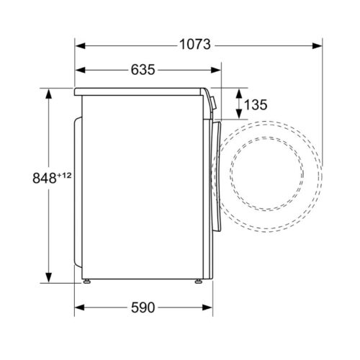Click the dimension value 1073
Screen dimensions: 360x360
[x=194, y=45]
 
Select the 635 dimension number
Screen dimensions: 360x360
[x=144, y=70]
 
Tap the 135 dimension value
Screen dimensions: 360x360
[x=256, y=105]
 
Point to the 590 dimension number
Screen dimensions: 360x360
[x=143, y=307]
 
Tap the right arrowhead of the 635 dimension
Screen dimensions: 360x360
[x=217, y=70]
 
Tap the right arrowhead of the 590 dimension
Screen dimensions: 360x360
[x=208, y=307]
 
